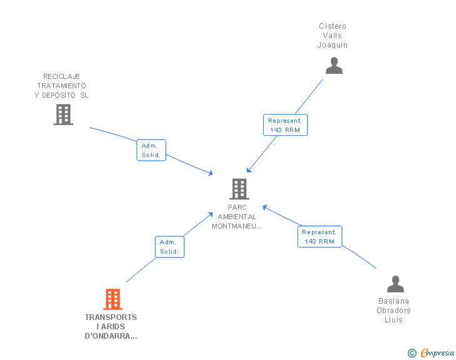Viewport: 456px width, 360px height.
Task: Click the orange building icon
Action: coord(113,299)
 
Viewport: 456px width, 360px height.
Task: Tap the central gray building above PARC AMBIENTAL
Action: coord(239,189)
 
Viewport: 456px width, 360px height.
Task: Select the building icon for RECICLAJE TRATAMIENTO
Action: coord(63,115)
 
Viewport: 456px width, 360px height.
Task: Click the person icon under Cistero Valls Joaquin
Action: coord(334,66)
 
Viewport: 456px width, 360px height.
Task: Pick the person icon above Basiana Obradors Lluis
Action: coord(395,284)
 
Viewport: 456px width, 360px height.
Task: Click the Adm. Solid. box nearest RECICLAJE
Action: coord(151,150)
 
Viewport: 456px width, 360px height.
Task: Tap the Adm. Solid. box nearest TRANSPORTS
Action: coord(170,247)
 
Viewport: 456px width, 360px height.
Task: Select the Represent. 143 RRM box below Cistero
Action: coord(285,125)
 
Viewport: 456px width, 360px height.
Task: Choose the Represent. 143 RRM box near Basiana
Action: coord(319,237)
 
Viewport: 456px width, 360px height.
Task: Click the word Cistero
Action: coord(333,26)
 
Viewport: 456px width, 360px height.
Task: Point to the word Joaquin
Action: coord(333,45)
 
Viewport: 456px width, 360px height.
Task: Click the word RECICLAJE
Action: coord(61,76)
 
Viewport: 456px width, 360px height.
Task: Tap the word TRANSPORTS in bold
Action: coord(111,317)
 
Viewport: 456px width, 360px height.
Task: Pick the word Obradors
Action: coord(393,311)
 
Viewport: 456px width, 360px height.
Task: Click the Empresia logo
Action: coord(437,352)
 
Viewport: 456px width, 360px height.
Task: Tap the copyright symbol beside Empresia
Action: coord(412,353)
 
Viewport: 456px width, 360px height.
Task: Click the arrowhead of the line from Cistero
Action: coord(249,170)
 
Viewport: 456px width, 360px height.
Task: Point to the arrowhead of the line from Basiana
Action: coord(264,207)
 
